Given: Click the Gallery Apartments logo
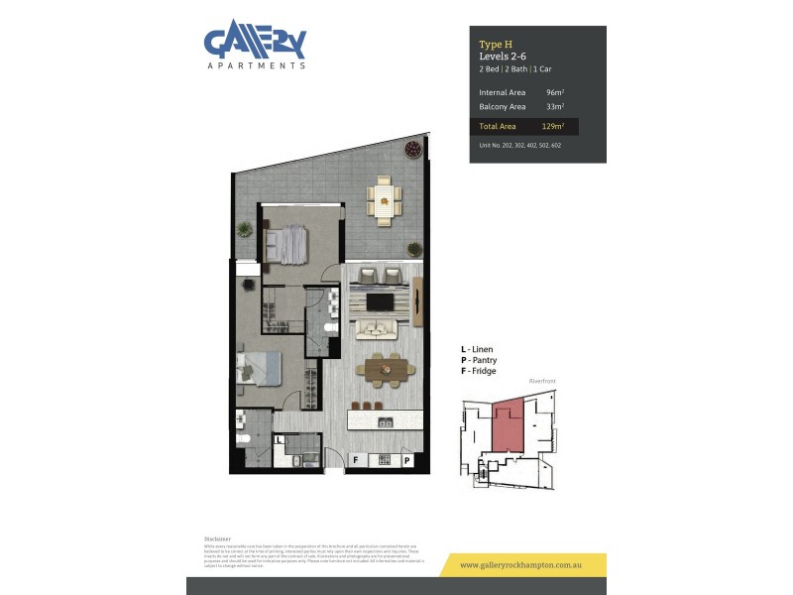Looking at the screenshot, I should [255, 45].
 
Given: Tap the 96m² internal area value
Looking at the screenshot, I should [554, 92].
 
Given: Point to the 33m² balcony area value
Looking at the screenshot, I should [554, 106].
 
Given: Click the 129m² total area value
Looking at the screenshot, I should [553, 127].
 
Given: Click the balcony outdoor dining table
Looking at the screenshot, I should [384, 201].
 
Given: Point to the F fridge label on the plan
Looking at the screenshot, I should [356, 460].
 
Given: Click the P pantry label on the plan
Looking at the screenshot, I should [407, 460].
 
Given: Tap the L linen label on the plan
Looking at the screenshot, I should [281, 438].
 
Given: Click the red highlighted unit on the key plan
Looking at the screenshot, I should [510, 427].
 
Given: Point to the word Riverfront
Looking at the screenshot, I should [543, 381].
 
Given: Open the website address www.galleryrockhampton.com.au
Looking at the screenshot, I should [521, 565].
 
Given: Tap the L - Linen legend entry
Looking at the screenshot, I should [478, 350].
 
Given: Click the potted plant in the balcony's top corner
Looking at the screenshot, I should [411, 150].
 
